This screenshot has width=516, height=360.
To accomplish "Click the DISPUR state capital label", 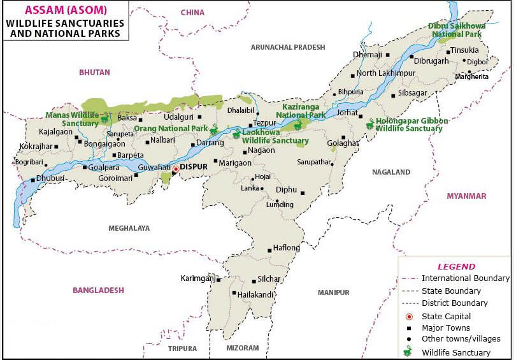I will point(196,168).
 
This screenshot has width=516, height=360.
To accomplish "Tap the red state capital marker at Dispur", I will point(176,168).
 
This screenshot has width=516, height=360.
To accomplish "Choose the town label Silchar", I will point(269,279).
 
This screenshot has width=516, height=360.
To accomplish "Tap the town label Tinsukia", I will point(464,51).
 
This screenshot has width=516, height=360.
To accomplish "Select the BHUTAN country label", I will point(94,73).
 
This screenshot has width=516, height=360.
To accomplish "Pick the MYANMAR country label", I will point(466,196).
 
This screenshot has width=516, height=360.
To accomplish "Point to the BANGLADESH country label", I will point(98,290).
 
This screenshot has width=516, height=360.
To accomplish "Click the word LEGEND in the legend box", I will point(455,267).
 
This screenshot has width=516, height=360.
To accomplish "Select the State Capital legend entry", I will point(446,316).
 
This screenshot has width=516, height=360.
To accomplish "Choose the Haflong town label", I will point(286,248).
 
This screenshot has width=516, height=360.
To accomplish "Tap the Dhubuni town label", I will point(50,179).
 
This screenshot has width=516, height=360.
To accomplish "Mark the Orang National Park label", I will point(171,129).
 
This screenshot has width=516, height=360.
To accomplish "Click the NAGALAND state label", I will point(392,172).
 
